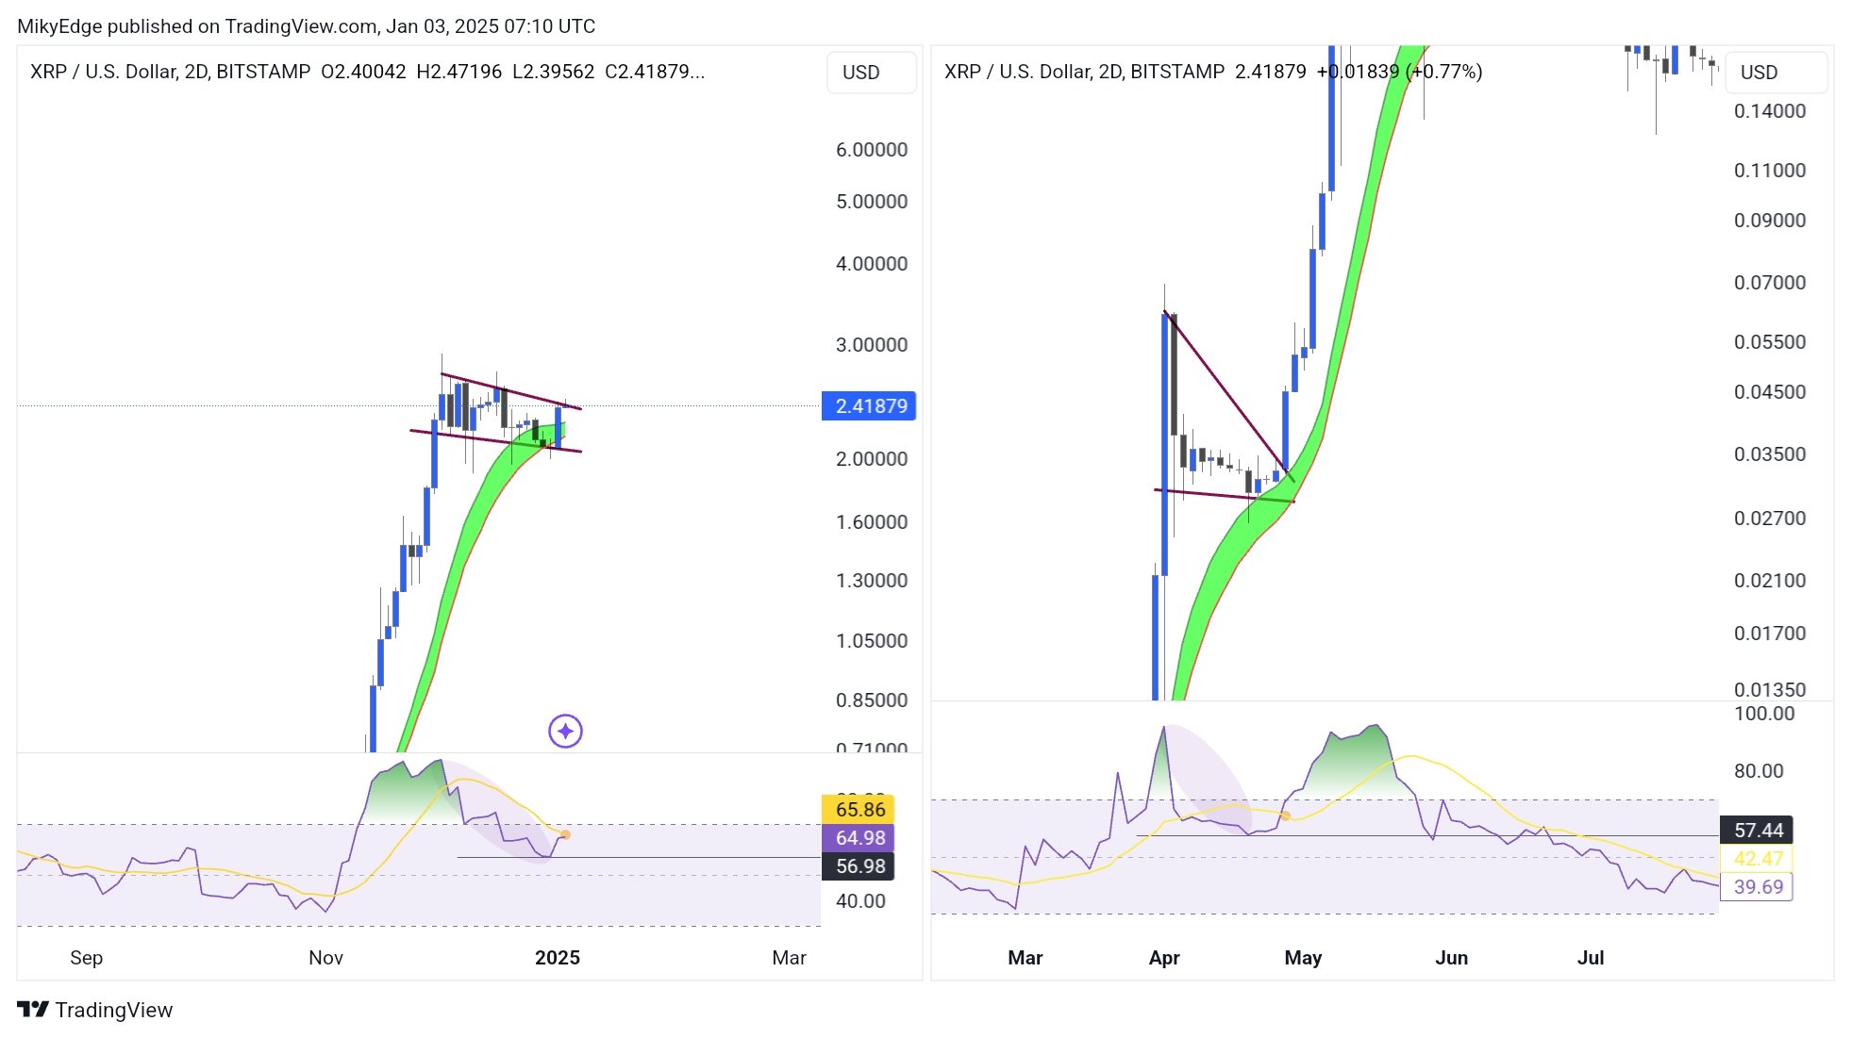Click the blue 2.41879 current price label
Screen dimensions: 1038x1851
point(869,406)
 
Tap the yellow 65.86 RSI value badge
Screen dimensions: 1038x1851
point(859,809)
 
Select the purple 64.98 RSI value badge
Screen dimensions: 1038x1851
point(859,837)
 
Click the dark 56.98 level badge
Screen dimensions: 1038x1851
point(859,865)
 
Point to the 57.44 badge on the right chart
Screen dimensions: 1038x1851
point(1757,830)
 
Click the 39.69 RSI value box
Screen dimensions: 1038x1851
point(1757,886)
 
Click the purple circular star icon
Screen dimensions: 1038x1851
point(565,731)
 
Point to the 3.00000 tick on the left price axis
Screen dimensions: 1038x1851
point(871,345)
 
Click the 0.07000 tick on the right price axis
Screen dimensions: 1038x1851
point(1769,283)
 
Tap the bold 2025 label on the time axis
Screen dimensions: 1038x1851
point(557,958)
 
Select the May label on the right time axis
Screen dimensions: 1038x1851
point(1302,958)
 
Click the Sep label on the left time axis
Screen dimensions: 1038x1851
point(86,958)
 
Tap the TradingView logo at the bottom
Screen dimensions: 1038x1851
point(95,1010)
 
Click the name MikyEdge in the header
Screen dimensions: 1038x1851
point(58,26)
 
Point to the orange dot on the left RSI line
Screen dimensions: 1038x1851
point(565,834)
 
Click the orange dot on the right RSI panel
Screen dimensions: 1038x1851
point(1285,816)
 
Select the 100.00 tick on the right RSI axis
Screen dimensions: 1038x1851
point(1763,714)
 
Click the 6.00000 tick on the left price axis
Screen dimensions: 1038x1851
point(871,150)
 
